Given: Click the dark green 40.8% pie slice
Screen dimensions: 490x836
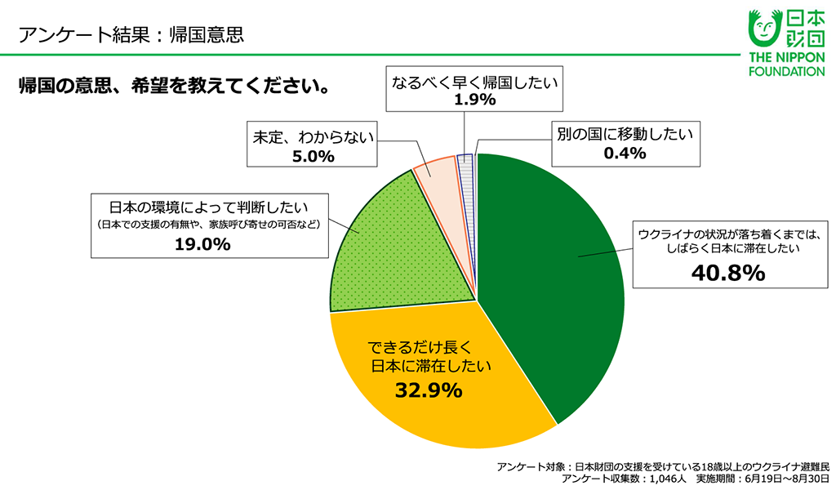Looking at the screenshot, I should [555, 278].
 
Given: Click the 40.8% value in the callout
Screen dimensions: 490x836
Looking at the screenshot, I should [727, 273].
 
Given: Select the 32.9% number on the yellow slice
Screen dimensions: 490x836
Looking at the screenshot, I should [429, 390].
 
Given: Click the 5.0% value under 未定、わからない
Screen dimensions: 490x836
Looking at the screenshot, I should [312, 157].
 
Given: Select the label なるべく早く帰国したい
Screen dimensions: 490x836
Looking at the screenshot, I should [474, 81].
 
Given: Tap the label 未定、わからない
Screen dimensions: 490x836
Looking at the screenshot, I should [312, 138].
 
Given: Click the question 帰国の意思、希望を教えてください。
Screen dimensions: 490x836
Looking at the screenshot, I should [175, 85].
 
